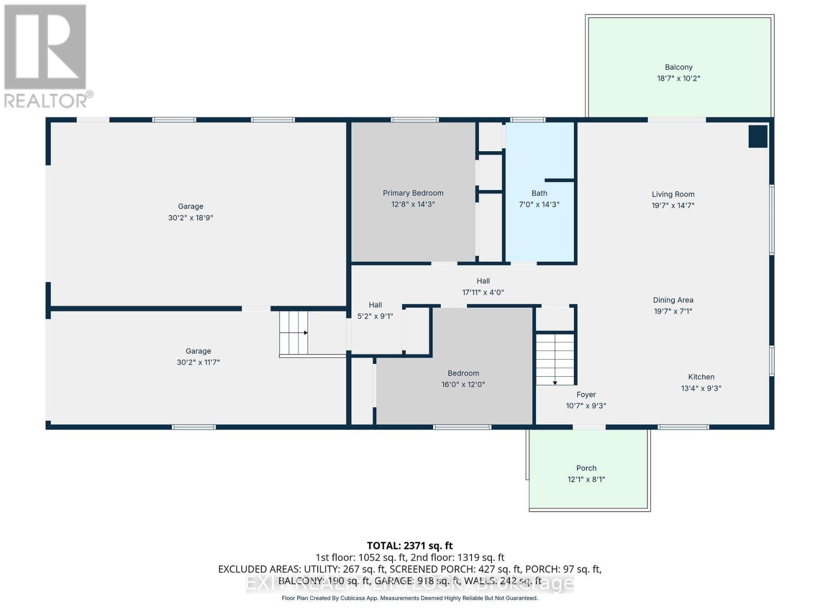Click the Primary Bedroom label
413,193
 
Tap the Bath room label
539,193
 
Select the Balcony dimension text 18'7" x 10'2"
679,78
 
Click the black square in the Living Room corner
758,136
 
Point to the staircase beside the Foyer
555,359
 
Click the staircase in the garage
294,333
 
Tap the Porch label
586,468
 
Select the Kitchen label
701,377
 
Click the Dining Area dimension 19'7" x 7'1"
673,311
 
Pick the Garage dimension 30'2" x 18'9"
191,218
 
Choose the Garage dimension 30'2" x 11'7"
198,362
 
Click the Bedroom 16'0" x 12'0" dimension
463,384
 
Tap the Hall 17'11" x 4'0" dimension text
483,293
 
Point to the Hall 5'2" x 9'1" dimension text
375,316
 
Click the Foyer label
586,395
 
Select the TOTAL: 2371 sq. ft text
409,546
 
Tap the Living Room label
673,194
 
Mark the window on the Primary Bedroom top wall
415,120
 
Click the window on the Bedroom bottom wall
462,427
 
